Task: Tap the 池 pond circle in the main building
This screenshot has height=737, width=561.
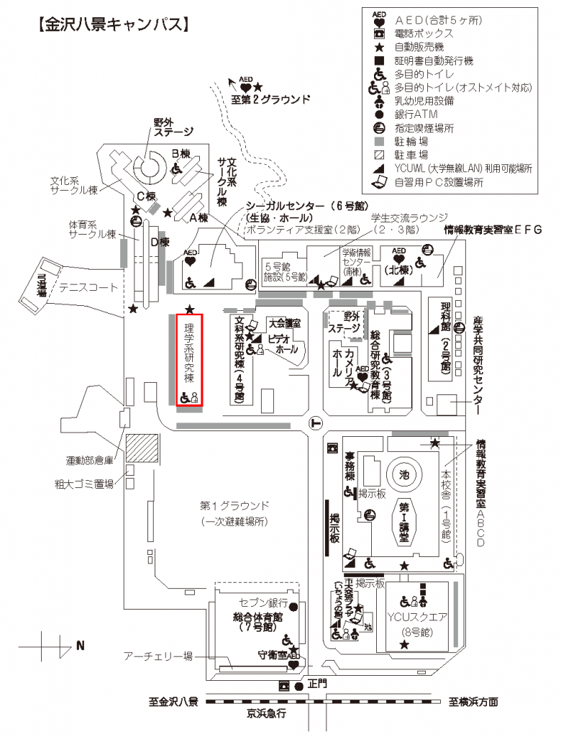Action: pos(403,474)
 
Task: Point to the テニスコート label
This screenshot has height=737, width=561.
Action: pos(88,287)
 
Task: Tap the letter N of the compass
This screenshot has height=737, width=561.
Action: pos(80,646)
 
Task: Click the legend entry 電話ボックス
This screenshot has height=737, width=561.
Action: pos(424,33)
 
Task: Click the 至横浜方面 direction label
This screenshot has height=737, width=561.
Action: pos(473,702)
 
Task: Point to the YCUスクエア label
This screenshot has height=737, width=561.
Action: pos(417,617)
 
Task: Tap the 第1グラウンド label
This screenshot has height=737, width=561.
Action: pos(234,505)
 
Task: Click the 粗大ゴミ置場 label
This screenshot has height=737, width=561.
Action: pos(83,484)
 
